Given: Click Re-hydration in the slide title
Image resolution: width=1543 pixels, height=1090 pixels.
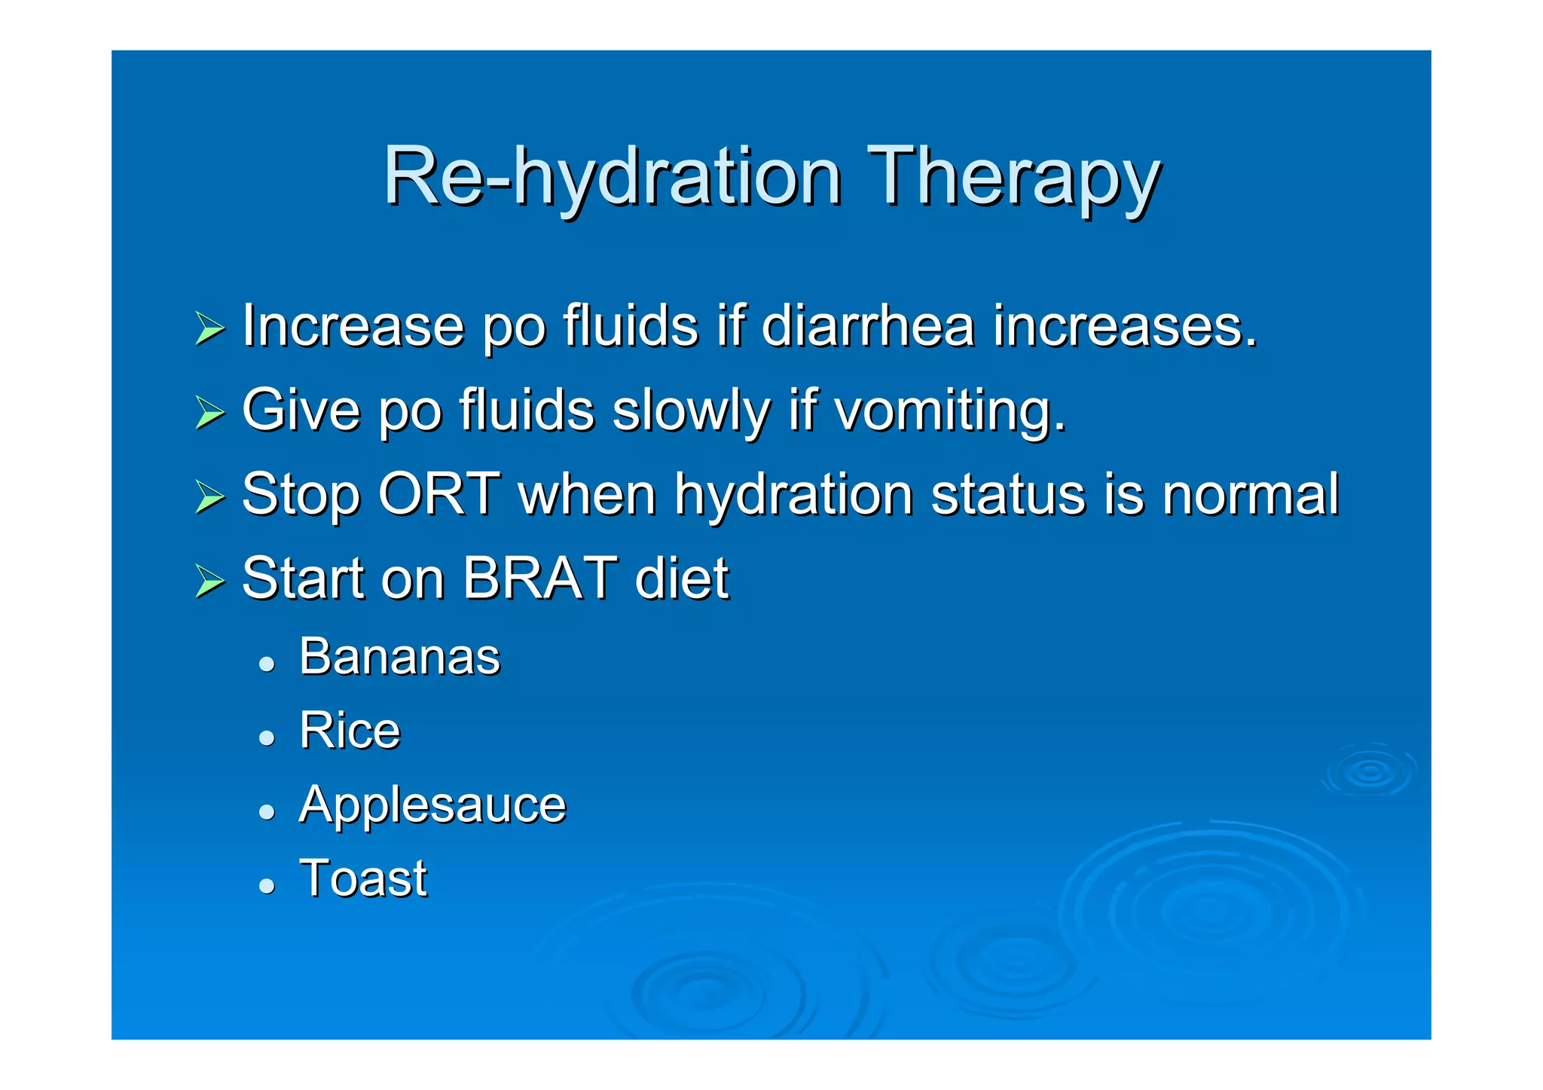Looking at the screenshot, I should [x=612, y=176].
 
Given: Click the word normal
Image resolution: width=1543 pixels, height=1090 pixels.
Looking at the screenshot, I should [x=1251, y=494].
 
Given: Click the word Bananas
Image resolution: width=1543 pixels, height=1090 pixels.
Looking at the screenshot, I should [x=399, y=656].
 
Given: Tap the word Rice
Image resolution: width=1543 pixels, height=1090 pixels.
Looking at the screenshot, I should [x=350, y=730].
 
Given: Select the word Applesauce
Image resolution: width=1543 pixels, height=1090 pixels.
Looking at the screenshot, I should [x=432, y=804].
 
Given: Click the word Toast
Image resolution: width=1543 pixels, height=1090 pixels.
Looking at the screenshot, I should [x=363, y=878].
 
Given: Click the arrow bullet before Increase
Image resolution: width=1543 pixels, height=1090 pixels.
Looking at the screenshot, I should [x=209, y=328].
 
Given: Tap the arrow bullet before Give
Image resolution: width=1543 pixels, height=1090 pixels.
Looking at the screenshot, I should [x=209, y=413].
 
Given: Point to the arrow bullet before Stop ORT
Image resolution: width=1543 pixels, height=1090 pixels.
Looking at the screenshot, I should [x=209, y=497].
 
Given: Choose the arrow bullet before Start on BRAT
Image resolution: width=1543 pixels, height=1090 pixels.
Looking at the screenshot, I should [x=209, y=582].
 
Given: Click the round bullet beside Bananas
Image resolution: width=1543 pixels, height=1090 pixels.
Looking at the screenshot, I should [x=266, y=664].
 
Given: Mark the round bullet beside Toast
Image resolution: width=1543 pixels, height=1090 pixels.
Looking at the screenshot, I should [x=266, y=885].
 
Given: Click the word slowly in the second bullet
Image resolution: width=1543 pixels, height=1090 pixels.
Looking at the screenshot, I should [x=691, y=411].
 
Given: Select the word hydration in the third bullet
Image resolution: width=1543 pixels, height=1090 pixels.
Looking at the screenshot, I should [x=793, y=494].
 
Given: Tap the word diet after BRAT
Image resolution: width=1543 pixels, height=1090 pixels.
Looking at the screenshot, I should [x=682, y=579].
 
